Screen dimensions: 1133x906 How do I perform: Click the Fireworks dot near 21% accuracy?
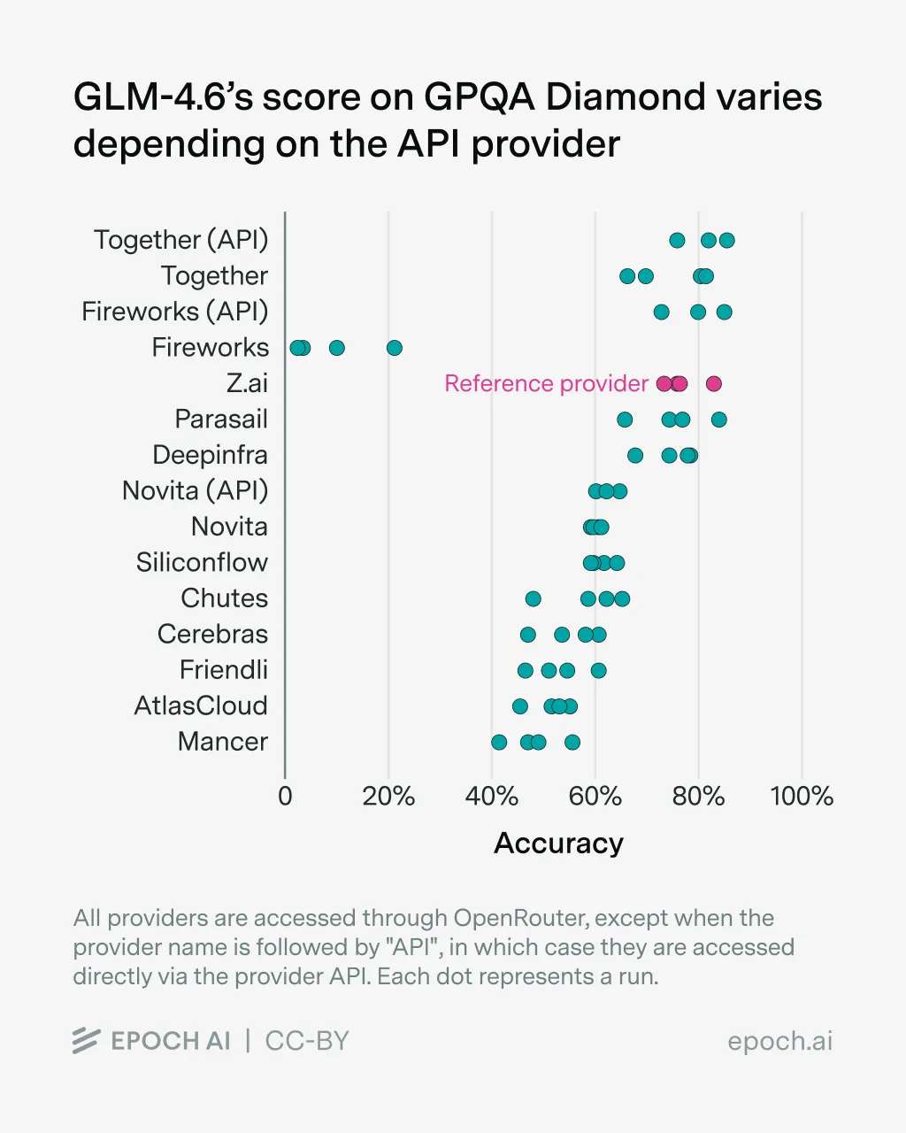click(395, 348)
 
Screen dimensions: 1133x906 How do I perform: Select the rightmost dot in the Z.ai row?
click(714, 383)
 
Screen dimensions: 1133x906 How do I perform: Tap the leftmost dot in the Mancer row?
click(499, 742)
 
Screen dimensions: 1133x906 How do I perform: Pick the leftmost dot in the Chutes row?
click(533, 599)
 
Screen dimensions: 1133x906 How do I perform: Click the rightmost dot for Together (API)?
click(726, 241)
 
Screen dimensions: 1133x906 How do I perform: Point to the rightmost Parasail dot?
click(719, 420)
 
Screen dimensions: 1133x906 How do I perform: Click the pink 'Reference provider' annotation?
click(546, 383)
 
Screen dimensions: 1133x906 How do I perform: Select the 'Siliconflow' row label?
click(202, 563)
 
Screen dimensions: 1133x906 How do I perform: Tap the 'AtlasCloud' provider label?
click(201, 706)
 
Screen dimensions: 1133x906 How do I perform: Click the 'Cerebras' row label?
click(212, 635)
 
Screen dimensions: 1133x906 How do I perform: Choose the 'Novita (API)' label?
click(195, 491)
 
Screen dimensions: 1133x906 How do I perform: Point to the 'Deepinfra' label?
click(210, 455)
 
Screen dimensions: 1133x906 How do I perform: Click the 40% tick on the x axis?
click(492, 796)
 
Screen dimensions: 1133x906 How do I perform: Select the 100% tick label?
click(802, 796)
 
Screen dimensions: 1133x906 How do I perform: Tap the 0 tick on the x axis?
click(285, 796)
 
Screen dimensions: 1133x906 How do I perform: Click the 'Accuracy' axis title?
click(558, 844)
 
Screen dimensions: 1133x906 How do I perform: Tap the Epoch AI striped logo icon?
click(86, 1041)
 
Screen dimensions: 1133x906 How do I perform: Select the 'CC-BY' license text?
click(307, 1041)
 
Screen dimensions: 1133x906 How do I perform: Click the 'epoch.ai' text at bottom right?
click(779, 1041)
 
